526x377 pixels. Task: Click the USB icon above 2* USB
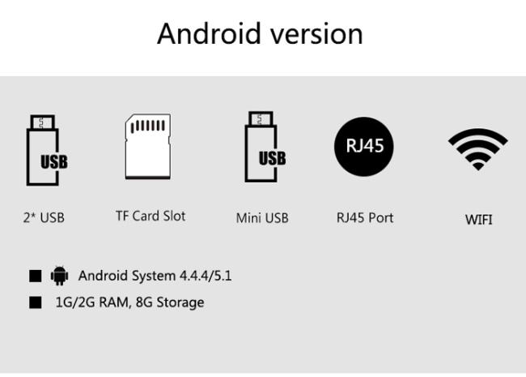point(44,152)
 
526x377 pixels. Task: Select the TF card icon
point(148,147)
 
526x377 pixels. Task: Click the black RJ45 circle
point(365,146)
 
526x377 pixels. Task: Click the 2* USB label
point(44,217)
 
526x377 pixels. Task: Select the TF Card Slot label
point(151,216)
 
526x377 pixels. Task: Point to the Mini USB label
point(262,217)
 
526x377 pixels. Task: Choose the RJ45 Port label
point(365,217)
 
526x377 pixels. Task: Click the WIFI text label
point(478,219)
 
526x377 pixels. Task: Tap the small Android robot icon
point(59,276)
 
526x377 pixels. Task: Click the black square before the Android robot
point(36,276)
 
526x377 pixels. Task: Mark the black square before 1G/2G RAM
point(36,302)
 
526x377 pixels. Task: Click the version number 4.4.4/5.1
point(206,276)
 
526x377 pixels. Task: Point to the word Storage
point(180,302)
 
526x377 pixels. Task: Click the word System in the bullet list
point(154,276)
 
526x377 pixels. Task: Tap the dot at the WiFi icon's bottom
point(477,165)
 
